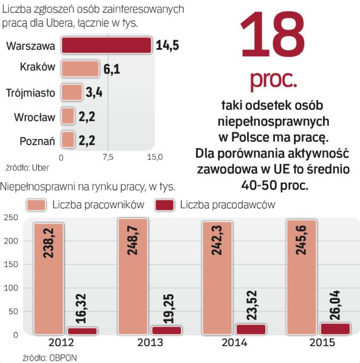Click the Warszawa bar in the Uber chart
click(106, 45)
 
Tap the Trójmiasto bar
click(72, 92)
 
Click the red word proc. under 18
click(273, 80)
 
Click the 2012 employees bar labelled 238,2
click(48, 278)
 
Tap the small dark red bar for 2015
click(335, 328)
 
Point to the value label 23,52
click(251, 303)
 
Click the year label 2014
click(234, 343)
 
